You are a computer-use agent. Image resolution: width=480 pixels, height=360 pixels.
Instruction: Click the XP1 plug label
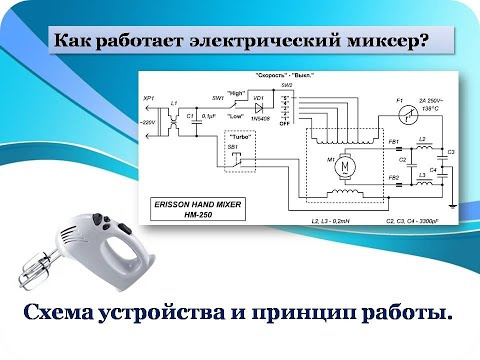click(x=149, y=99)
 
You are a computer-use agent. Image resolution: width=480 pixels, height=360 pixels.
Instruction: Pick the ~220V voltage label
click(x=148, y=122)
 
